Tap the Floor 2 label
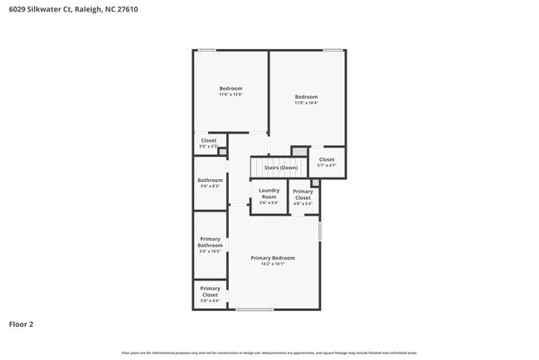pyautogui.click(x=22, y=324)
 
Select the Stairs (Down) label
pyautogui.click(x=280, y=168)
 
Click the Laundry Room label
pyautogui.click(x=269, y=193)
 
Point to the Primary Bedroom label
pyautogui.click(x=273, y=258)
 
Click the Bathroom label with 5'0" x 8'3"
pyautogui.click(x=210, y=180)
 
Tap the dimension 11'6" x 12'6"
pyautogui.click(x=231, y=95)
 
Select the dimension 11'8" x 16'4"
pyautogui.click(x=307, y=103)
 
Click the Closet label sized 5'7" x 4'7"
pyautogui.click(x=327, y=159)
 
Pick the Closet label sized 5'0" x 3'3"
pyautogui.click(x=209, y=140)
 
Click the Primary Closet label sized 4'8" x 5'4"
pyautogui.click(x=303, y=195)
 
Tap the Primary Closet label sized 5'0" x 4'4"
pyautogui.click(x=210, y=291)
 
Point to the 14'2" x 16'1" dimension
pyautogui.click(x=273, y=265)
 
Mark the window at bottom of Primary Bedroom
pyautogui.click(x=254, y=309)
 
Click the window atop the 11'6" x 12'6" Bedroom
pyautogui.click(x=207, y=51)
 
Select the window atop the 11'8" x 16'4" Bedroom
pyautogui.click(x=333, y=51)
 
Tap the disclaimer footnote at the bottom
pyautogui.click(x=269, y=353)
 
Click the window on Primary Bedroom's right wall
pyautogui.click(x=319, y=230)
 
